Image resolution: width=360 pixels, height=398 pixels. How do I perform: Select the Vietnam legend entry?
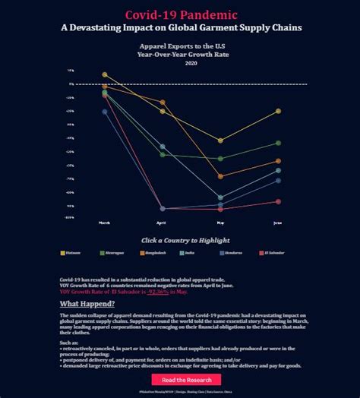(x=73, y=252)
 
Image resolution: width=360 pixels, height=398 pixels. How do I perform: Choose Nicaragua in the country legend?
(x=113, y=252)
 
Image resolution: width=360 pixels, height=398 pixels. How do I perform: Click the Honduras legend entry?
(x=232, y=252)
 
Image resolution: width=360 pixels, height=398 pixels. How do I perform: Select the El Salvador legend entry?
(x=273, y=252)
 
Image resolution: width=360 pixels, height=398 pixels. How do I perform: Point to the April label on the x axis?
(x=162, y=223)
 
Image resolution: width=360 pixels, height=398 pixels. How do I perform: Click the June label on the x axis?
(x=278, y=223)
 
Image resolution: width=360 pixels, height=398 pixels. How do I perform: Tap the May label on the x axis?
(x=220, y=223)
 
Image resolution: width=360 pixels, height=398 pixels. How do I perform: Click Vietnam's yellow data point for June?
(x=279, y=111)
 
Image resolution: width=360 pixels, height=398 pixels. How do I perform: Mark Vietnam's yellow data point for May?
(x=220, y=141)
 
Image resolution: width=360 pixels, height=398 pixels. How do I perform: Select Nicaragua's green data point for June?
(x=279, y=143)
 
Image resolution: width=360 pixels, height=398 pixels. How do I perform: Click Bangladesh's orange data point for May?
(x=220, y=176)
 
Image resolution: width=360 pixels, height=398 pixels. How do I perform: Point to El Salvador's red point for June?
(x=279, y=201)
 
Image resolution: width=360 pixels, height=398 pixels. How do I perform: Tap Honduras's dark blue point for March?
(x=105, y=112)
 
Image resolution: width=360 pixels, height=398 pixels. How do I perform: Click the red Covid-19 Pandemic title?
(x=180, y=14)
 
